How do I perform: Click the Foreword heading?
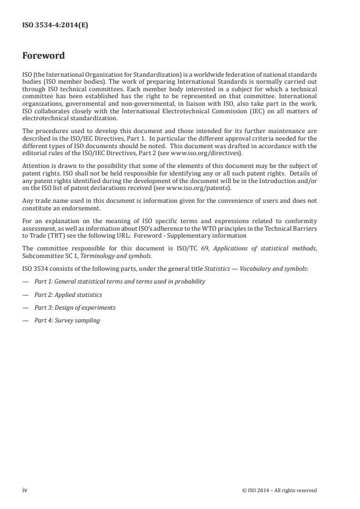coord(43,56)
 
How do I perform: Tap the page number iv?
coord(25,490)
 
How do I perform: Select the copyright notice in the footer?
coord(279,490)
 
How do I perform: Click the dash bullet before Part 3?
coord(25,307)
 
